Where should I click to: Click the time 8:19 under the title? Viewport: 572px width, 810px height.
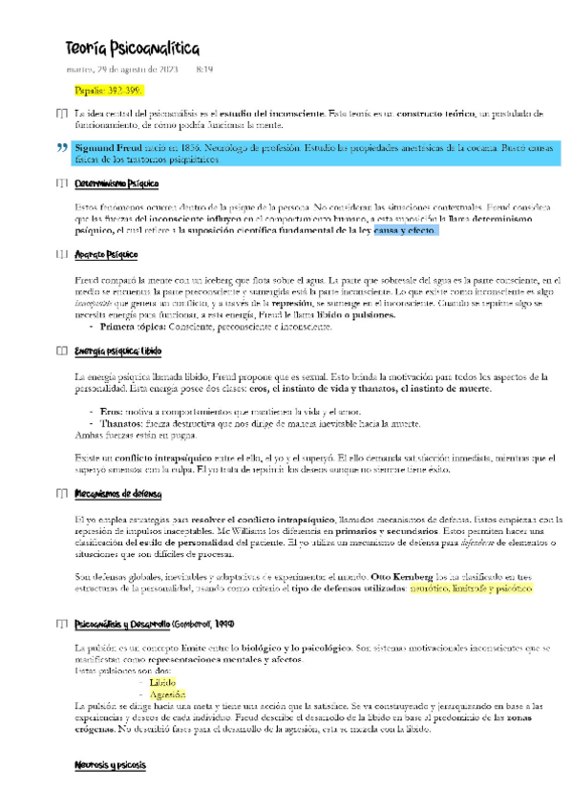point(203,69)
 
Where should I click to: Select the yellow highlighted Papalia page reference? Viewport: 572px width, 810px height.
point(108,91)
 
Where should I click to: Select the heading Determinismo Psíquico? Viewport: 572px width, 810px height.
point(117,183)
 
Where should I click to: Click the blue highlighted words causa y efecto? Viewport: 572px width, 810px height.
point(405,230)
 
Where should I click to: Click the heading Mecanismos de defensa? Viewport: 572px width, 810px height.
point(117,494)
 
